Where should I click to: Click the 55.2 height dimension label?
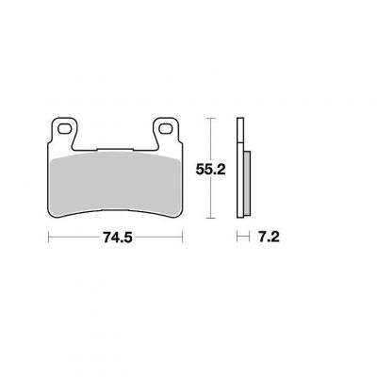coord(210,170)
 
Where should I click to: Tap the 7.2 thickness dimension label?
coord(269,238)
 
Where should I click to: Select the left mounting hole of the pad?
coord(64,128)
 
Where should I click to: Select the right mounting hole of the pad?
coord(166,128)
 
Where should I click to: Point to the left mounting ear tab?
coord(64,131)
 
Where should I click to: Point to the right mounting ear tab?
coord(166,131)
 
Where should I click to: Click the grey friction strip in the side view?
coord(247,183)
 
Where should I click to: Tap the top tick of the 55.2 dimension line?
coord(210,119)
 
